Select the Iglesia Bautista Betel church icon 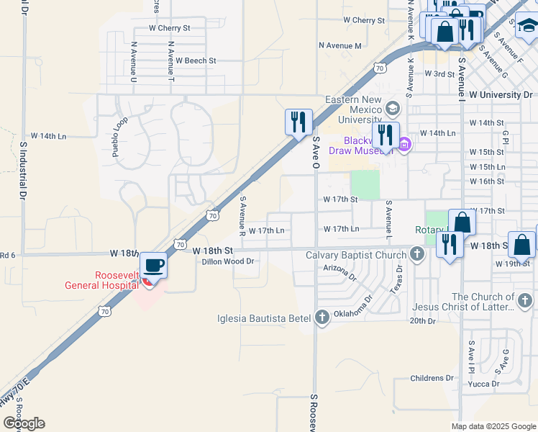(x=322, y=317)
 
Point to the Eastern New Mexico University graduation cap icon (x=393, y=109)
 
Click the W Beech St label (x=196, y=61)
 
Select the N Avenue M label (x=339, y=45)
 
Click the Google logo (x=24, y=423)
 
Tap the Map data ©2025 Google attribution (x=493, y=426)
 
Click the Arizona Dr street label (x=340, y=271)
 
